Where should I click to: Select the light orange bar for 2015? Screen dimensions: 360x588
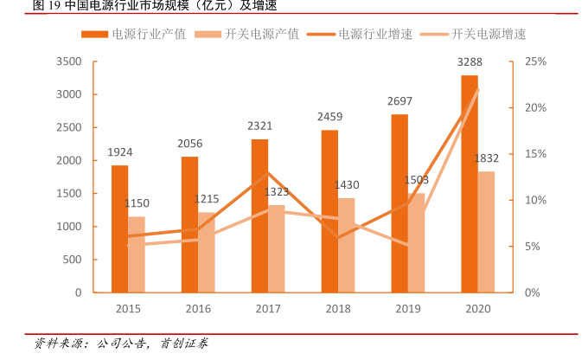137,254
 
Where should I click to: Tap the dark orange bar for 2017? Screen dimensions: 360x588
259,215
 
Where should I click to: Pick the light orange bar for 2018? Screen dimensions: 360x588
347,245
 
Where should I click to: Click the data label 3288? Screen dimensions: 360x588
470,61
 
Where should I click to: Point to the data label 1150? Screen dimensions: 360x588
137,203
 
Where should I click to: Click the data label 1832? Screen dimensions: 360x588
487,157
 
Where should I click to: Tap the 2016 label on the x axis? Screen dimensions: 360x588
198,308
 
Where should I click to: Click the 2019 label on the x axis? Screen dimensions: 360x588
408,308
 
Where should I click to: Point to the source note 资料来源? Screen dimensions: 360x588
121,344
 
